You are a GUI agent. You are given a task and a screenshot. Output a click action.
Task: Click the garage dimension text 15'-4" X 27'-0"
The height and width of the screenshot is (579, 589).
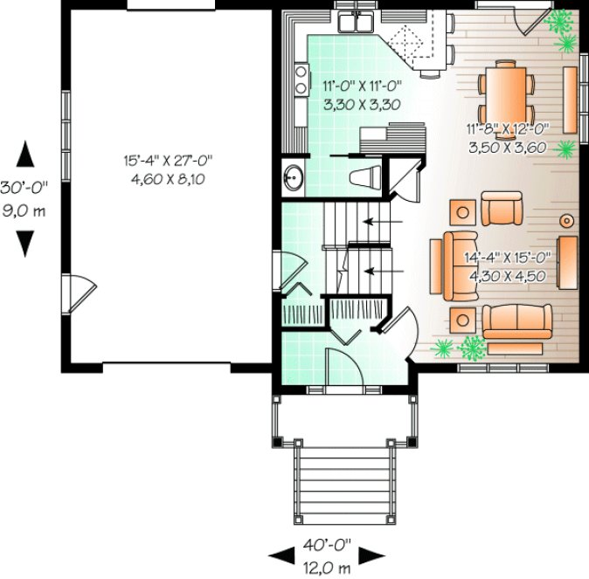pyautogui.click(x=170, y=161)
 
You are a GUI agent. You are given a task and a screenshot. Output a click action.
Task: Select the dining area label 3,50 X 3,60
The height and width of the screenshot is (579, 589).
pyautogui.click(x=507, y=148)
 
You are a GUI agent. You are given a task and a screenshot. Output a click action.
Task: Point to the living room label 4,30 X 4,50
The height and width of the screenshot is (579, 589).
pyautogui.click(x=507, y=276)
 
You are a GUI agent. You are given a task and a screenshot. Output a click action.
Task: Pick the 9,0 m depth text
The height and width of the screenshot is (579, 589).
pyautogui.click(x=25, y=210)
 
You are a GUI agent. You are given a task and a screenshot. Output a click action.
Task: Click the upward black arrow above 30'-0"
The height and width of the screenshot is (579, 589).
pyautogui.click(x=26, y=154)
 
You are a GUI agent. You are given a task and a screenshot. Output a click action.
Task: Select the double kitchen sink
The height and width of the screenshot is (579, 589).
pyautogui.click(x=357, y=22)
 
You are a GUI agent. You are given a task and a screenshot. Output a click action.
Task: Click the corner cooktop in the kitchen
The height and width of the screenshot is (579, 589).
pyautogui.click(x=406, y=38)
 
